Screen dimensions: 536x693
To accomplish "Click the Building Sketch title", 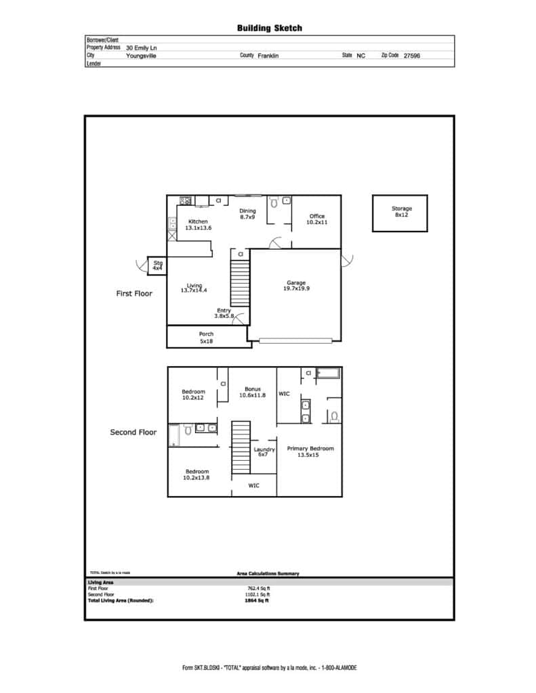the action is click(x=269, y=28).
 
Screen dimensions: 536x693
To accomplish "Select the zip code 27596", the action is click(x=411, y=55).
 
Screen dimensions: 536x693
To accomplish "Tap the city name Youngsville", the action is click(x=141, y=55).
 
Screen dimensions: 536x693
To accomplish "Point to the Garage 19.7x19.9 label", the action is click(x=296, y=286).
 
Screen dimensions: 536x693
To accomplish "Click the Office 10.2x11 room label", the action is click(x=317, y=219).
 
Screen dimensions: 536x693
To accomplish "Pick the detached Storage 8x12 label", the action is click(x=401, y=211).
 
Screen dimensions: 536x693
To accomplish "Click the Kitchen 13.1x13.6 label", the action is click(x=198, y=225).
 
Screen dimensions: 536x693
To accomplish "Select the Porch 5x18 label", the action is click(x=206, y=338).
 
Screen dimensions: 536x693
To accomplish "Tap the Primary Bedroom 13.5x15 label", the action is click(x=310, y=451).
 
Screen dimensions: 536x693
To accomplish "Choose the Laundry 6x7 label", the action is click(x=264, y=451).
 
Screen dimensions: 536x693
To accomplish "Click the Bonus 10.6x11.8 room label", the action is click(x=252, y=392).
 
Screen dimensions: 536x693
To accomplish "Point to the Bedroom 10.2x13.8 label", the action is click(x=197, y=474).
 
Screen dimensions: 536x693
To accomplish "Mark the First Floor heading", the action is click(x=134, y=294).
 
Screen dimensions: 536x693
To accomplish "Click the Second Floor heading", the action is click(x=133, y=432).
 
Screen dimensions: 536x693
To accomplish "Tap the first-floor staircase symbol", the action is click(x=240, y=283).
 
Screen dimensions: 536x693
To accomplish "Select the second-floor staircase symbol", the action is click(x=241, y=447).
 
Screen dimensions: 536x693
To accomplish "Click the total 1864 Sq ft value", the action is click(x=257, y=601).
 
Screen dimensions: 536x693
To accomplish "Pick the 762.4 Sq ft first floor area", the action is click(x=258, y=589).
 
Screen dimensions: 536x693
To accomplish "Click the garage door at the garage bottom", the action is click(x=295, y=341).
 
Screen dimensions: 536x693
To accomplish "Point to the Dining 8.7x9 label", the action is click(x=247, y=214).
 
